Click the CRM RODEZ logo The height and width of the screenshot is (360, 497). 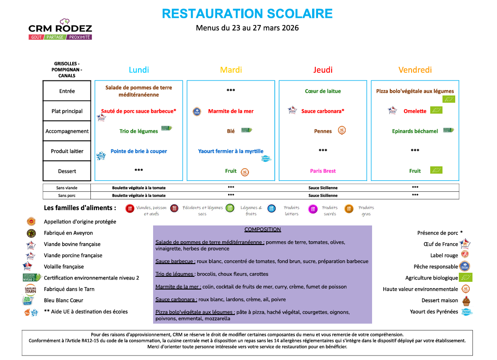coord(60,29)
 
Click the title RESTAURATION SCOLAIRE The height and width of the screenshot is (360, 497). coord(247,14)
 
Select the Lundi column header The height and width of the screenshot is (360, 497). coord(139,70)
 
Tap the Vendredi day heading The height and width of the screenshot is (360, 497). coord(415,70)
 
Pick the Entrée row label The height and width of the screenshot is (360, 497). coord(67,91)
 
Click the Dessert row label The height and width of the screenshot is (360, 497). coord(67,171)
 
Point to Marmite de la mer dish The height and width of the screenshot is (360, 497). coord(231,111)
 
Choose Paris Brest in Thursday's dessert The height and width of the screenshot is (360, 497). coord(323,171)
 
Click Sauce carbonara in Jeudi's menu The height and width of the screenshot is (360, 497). coord(322,111)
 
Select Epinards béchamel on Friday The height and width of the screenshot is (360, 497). coord(415,131)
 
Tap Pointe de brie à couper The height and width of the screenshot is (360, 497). coord(139,151)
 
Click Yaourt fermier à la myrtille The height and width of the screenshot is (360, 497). coord(231,151)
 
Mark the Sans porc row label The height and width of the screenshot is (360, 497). coord(67,195)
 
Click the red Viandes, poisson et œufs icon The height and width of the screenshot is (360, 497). coord(130,209)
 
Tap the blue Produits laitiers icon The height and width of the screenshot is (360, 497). coord(272,209)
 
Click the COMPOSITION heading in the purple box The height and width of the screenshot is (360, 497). coord(263,230)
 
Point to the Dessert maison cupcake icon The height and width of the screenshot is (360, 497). coord(465,300)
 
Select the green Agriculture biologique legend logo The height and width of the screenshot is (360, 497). coord(465,277)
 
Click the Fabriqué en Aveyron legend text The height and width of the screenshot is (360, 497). coord(68,233)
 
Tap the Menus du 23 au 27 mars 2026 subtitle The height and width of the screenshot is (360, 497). coord(247,28)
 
